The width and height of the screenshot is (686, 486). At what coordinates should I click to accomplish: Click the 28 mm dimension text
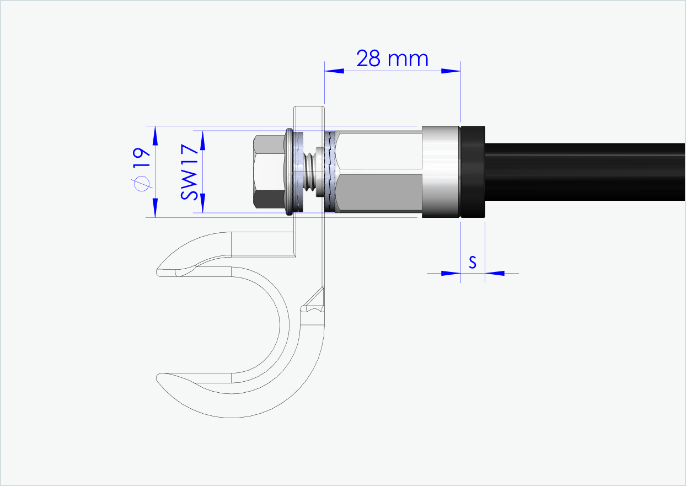[x=392, y=58]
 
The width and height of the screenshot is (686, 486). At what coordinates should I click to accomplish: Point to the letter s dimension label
[x=473, y=263]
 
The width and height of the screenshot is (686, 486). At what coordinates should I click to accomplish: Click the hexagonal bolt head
[x=269, y=172]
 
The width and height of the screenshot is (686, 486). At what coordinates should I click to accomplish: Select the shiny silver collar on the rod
[x=441, y=172]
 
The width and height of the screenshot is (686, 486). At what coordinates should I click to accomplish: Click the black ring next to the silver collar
[x=473, y=172]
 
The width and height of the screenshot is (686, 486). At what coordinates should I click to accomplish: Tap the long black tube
[x=585, y=172]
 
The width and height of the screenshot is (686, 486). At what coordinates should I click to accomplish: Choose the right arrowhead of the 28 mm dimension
[x=451, y=71]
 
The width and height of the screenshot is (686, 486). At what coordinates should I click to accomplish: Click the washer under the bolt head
[x=289, y=172]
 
